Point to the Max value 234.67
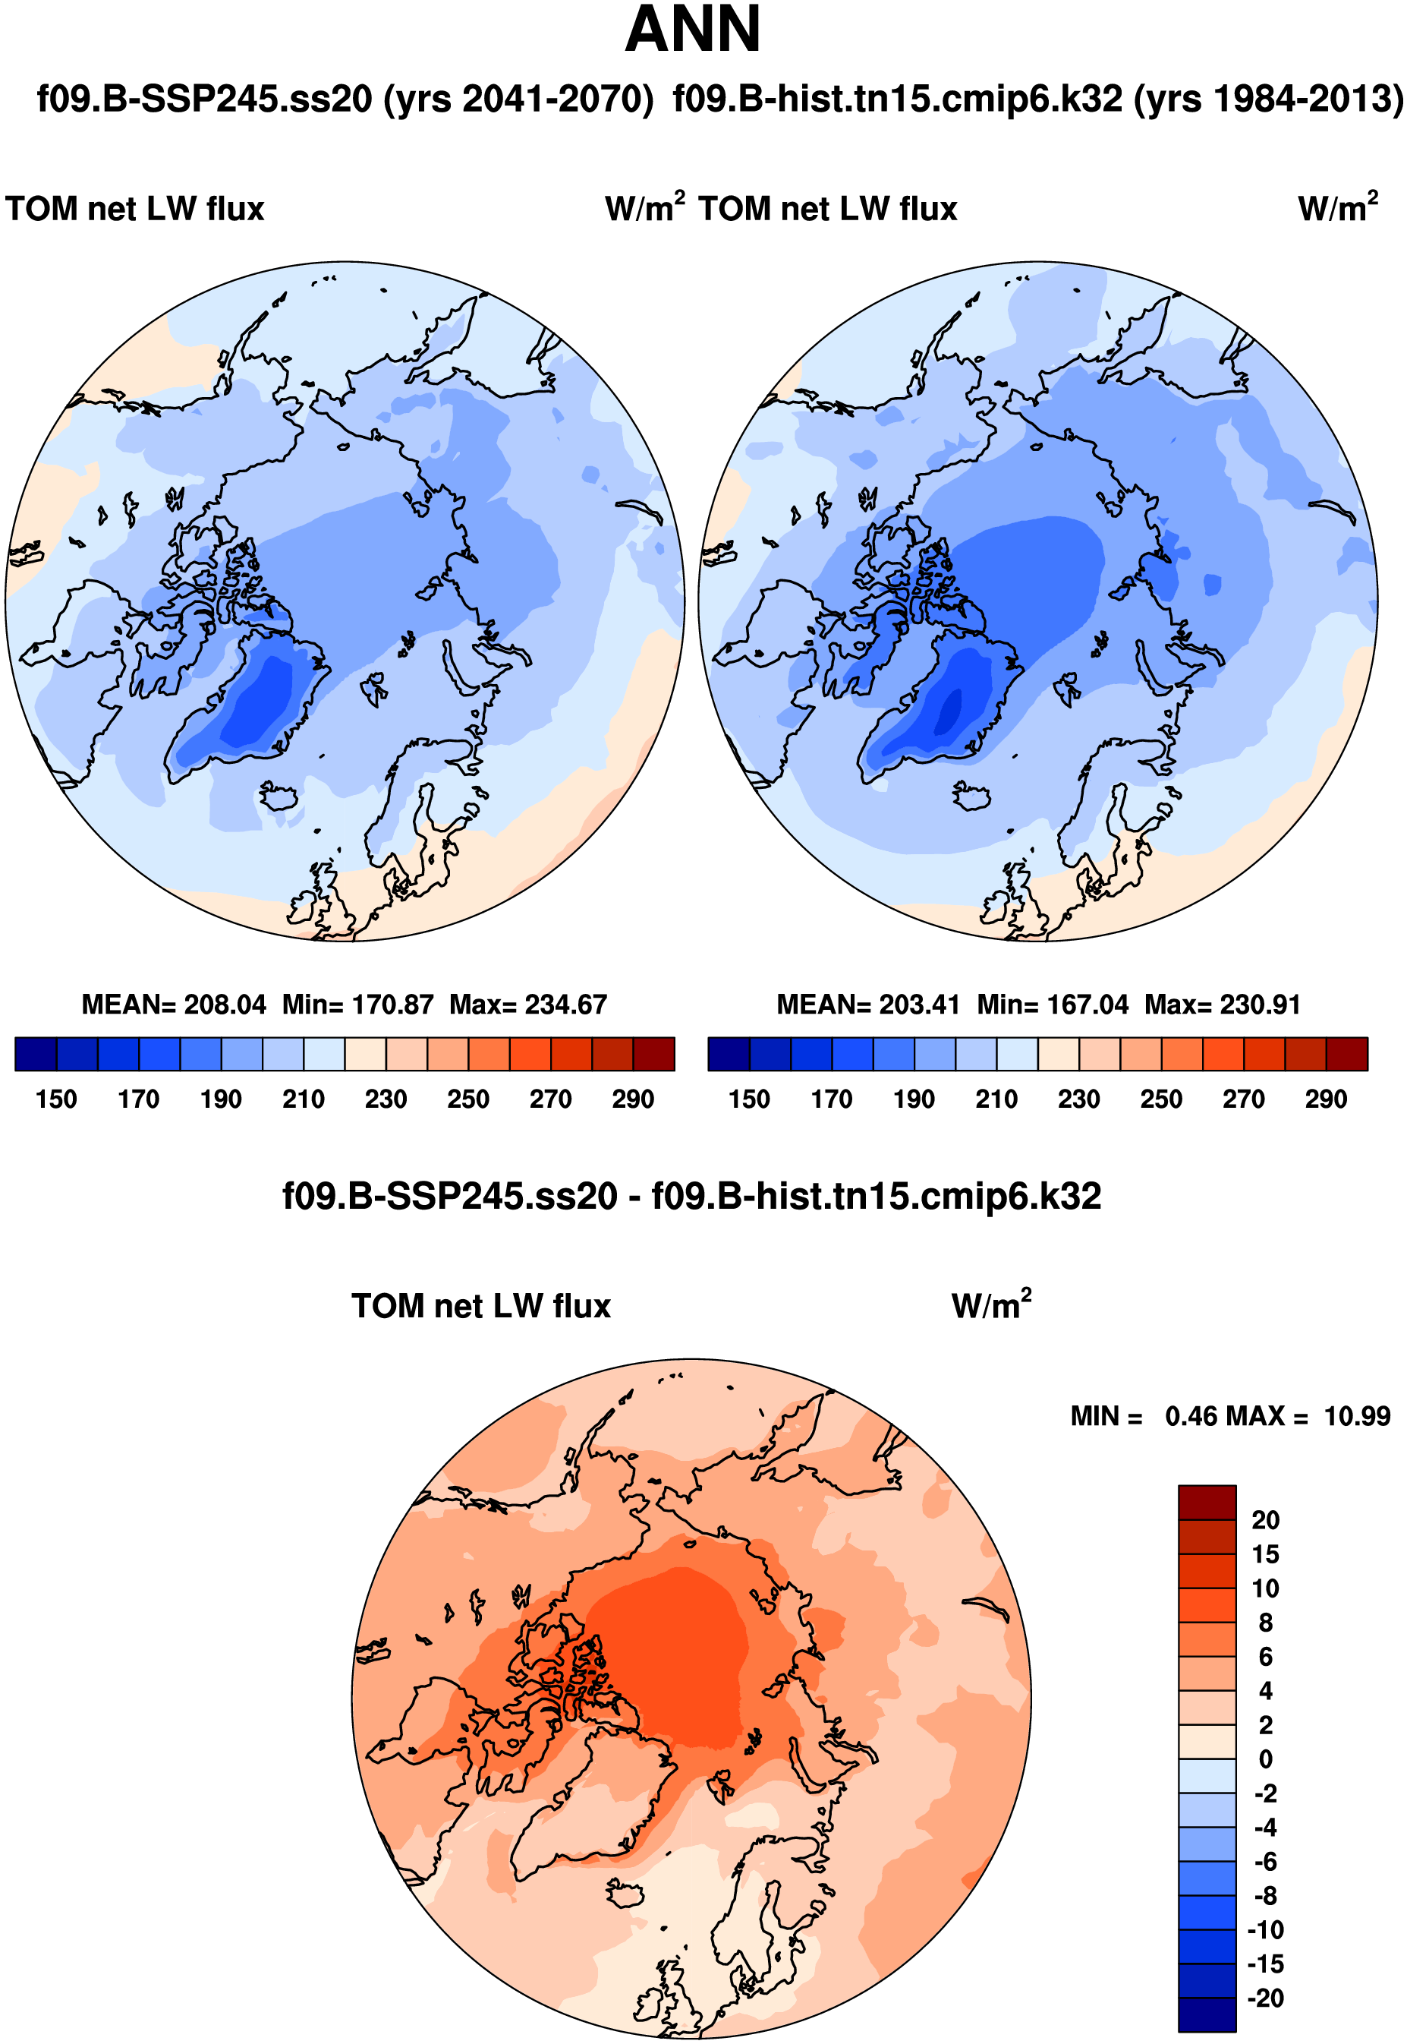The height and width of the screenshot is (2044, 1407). (566, 1005)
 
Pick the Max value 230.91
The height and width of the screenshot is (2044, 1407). (1261, 1005)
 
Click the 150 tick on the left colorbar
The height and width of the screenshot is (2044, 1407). (56, 1099)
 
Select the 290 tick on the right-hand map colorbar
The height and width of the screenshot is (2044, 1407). (1326, 1099)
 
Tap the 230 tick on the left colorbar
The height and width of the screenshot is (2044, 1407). (386, 1099)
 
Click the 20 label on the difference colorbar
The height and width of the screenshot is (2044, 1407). (1265, 1519)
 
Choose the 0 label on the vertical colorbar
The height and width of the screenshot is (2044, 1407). (1265, 1759)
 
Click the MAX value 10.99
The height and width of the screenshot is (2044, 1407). (1357, 1416)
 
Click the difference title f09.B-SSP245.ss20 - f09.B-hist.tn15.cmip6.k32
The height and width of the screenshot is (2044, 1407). (692, 1197)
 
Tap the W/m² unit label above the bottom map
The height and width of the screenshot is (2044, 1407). (991, 1305)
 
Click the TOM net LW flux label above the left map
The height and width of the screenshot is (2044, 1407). (135, 209)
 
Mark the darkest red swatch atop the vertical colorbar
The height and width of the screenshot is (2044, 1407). (1207, 1502)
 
